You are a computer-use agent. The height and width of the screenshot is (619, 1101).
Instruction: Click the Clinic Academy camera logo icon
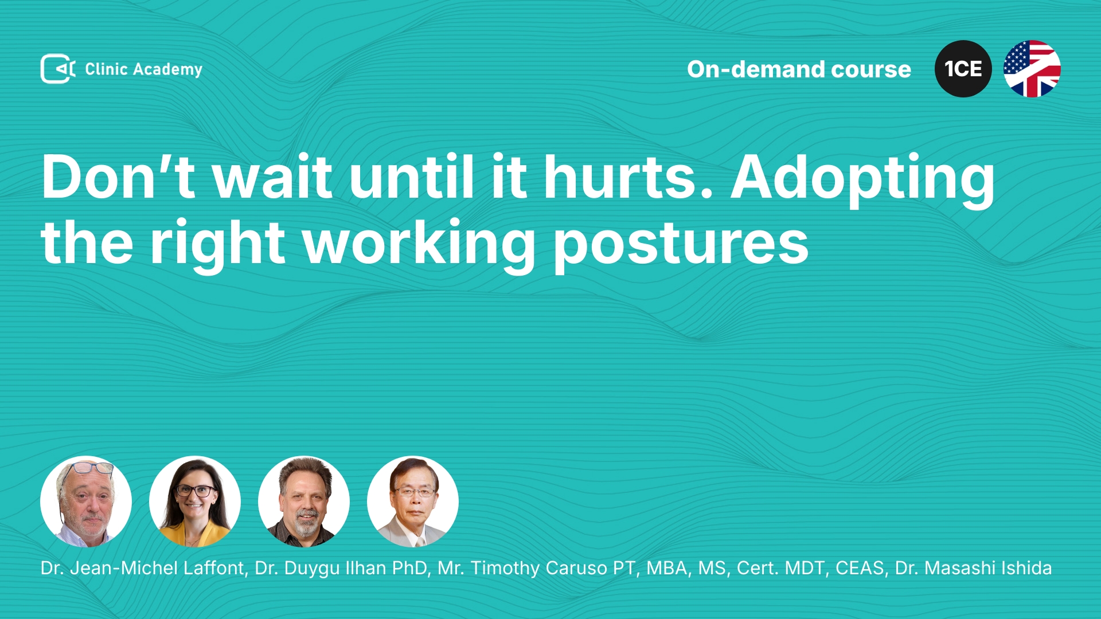pyautogui.click(x=58, y=69)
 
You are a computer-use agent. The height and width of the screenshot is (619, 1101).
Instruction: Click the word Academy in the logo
pyautogui.click(x=167, y=70)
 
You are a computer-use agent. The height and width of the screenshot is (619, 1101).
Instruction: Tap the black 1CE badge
pyautogui.click(x=963, y=69)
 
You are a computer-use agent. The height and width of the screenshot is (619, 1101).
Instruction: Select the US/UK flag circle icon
pyautogui.click(x=1032, y=69)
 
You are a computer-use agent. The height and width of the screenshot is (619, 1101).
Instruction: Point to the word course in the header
pyautogui.click(x=871, y=70)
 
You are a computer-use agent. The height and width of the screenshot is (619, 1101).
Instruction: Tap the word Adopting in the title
pyautogui.click(x=863, y=181)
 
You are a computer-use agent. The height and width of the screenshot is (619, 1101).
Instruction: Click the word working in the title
pyautogui.click(x=419, y=243)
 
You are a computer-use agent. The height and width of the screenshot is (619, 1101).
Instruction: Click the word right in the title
pyautogui.click(x=217, y=243)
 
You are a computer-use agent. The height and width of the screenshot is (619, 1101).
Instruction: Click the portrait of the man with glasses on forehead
pyautogui.click(x=86, y=502)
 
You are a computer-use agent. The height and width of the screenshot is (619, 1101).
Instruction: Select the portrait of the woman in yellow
pyautogui.click(x=195, y=502)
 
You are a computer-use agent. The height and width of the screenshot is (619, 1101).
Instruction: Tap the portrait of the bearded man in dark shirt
pyautogui.click(x=304, y=502)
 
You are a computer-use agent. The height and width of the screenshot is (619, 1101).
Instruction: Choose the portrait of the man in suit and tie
pyautogui.click(x=413, y=502)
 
